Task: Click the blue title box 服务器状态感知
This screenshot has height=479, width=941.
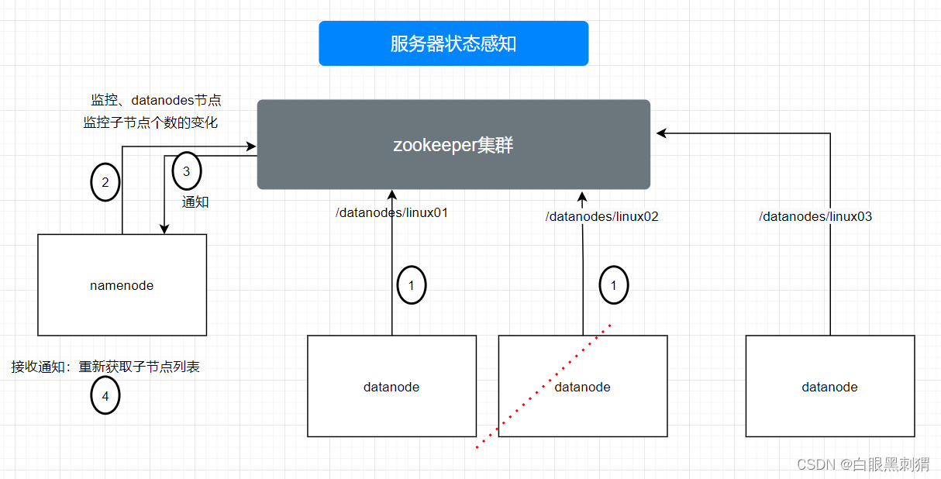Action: (453, 43)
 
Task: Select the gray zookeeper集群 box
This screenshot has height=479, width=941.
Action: (453, 144)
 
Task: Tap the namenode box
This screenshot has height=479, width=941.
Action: (122, 285)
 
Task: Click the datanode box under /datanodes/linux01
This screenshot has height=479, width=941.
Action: (391, 386)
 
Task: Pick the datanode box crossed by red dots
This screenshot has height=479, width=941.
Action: (583, 386)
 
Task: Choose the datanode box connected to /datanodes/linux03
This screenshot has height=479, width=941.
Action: (829, 386)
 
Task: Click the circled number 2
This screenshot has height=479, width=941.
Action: (105, 183)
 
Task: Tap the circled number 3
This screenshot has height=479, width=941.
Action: (186, 171)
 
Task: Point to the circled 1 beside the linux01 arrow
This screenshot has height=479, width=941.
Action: (412, 286)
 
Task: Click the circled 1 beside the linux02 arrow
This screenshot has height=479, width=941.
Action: (614, 286)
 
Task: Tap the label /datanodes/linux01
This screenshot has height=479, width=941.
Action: (391, 212)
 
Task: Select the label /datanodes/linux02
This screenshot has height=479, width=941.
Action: (601, 217)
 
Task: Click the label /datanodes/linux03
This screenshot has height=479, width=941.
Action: (815, 217)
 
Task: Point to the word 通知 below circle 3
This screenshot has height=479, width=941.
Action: (195, 202)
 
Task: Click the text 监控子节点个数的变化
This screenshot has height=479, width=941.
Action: (150, 122)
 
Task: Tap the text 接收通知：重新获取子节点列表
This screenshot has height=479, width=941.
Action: (105, 367)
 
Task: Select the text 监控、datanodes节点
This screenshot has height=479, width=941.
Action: (156, 100)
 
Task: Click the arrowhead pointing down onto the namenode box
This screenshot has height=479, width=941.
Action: (164, 229)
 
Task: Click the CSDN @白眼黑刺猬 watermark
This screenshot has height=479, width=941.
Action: (863, 464)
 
